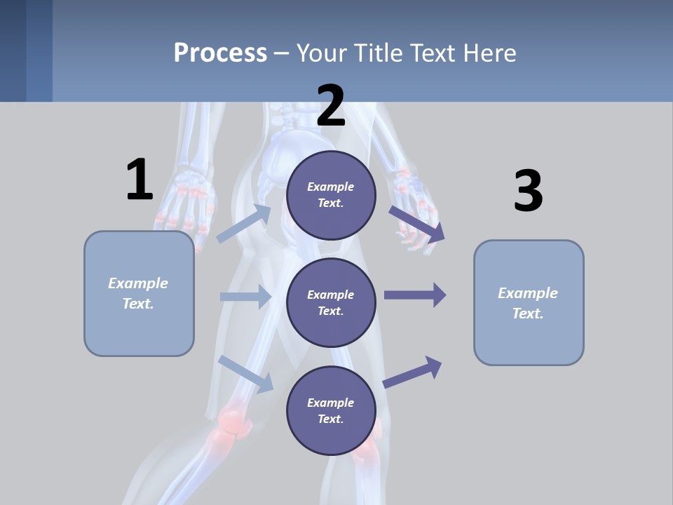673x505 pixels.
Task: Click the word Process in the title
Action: pyautogui.click(x=220, y=53)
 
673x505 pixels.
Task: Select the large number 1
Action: pyautogui.click(x=140, y=180)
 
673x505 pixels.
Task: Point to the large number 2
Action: pyautogui.click(x=331, y=106)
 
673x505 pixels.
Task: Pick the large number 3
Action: pyautogui.click(x=528, y=191)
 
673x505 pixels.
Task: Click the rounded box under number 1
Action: pyautogui.click(x=139, y=293)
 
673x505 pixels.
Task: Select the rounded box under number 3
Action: pyautogui.click(x=529, y=302)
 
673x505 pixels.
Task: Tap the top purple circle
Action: pyautogui.click(x=331, y=195)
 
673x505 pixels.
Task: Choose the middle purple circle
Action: pyautogui.click(x=331, y=302)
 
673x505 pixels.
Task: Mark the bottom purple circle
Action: pyautogui.click(x=331, y=410)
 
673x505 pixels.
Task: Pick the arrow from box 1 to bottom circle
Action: pyautogui.click(x=246, y=373)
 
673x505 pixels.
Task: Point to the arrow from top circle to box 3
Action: pyautogui.click(x=416, y=223)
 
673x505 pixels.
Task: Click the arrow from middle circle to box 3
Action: pyautogui.click(x=415, y=295)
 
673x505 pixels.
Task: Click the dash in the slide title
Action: pyautogui.click(x=282, y=53)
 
